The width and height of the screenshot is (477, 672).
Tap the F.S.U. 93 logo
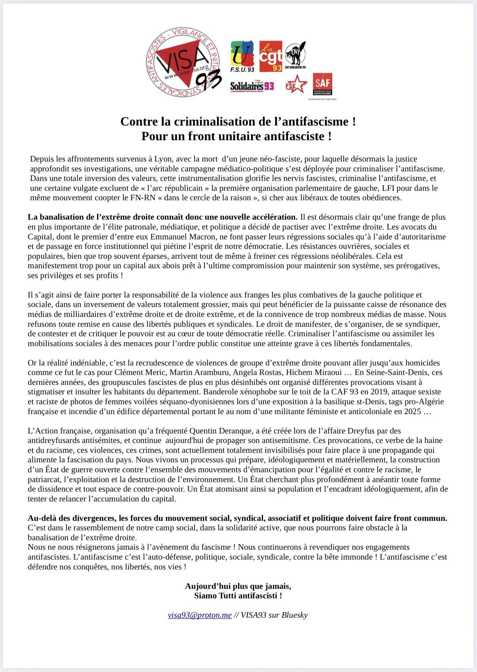(x=242, y=56)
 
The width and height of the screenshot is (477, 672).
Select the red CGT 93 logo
(x=271, y=56)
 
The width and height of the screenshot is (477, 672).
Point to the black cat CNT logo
(x=295, y=55)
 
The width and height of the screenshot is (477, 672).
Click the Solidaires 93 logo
(x=252, y=86)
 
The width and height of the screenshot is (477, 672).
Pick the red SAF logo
(x=322, y=85)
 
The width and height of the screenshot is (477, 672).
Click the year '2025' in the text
(x=412, y=412)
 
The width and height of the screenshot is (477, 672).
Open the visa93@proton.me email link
(x=200, y=615)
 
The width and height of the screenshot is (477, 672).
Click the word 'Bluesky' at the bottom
(x=294, y=615)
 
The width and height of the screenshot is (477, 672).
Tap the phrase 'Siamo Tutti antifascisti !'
(x=238, y=596)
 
